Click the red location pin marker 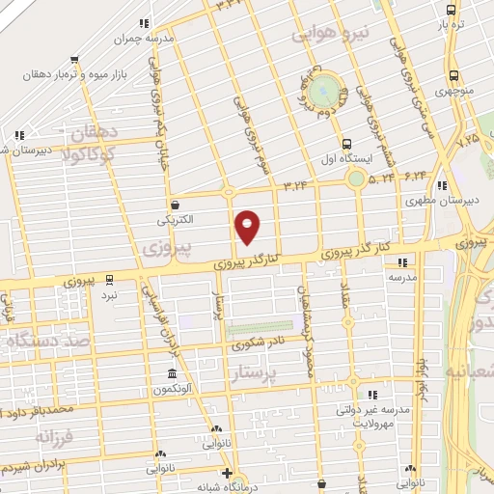pos(248,227)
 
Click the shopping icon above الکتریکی pos(175,204)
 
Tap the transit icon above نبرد pos(110,279)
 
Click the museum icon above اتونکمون pos(171,374)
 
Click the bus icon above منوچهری pos(453,75)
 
